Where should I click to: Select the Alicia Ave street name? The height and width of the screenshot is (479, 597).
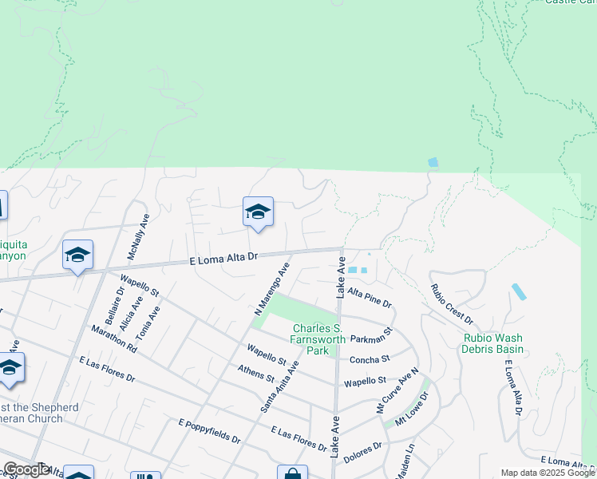[126, 313]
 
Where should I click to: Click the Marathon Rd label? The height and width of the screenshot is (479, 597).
[114, 339]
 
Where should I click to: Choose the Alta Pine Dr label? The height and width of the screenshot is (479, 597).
[370, 298]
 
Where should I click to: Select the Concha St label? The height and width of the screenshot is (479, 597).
[370, 360]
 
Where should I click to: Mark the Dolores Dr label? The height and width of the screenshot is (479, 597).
[362, 454]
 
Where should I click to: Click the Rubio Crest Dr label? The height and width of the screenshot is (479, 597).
[452, 304]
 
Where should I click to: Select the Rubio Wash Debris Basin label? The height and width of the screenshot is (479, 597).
[494, 343]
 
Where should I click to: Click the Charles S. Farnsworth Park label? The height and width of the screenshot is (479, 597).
[318, 339]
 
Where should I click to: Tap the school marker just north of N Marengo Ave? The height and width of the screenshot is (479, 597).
[258, 212]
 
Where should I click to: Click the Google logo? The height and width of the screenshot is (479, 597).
[26, 469]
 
